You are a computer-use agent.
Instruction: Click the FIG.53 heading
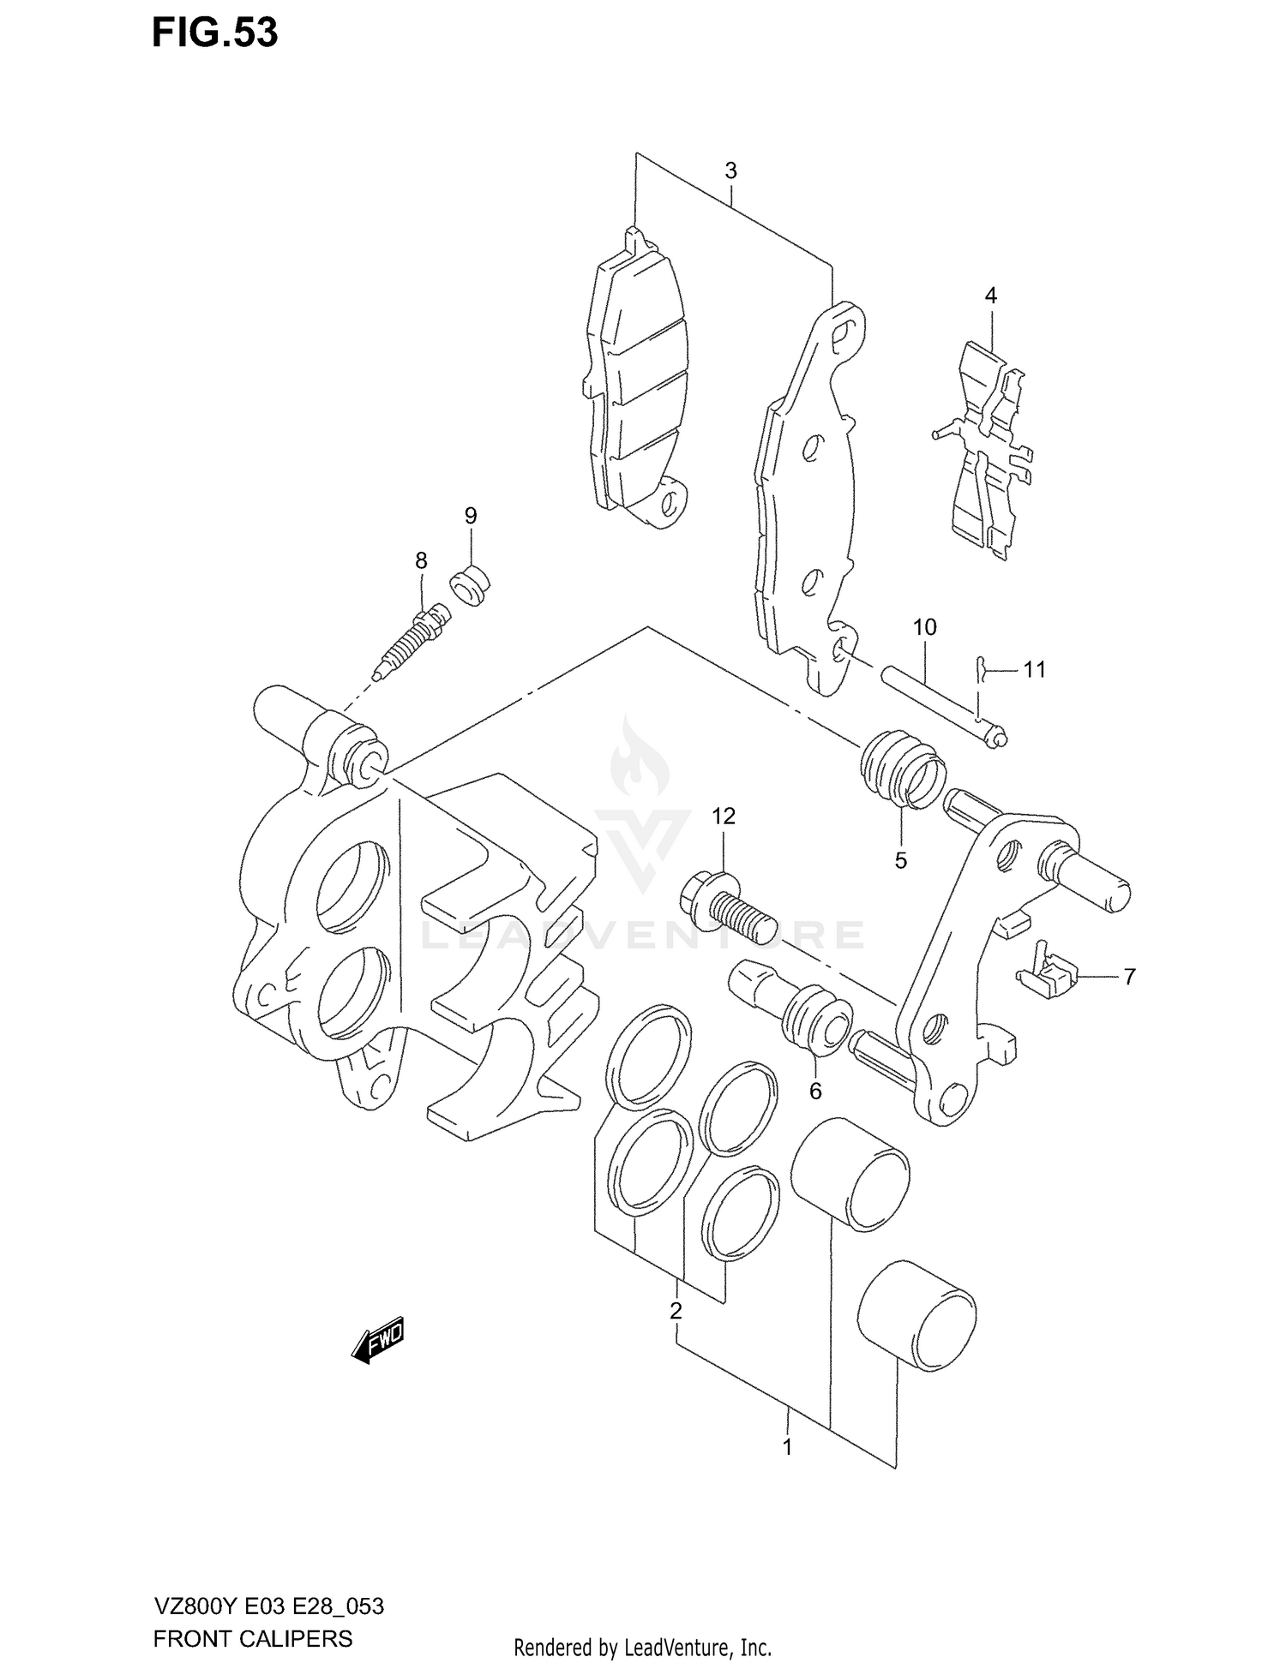click(x=215, y=33)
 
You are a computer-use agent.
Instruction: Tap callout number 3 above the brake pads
click(x=730, y=170)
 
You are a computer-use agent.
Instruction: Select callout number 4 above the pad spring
click(x=990, y=296)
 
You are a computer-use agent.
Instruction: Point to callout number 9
click(x=471, y=516)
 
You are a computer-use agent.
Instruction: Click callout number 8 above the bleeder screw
click(x=421, y=560)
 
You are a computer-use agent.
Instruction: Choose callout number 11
click(x=1035, y=668)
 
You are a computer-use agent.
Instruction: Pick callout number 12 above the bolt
click(x=724, y=817)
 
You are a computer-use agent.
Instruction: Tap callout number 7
click(x=1129, y=976)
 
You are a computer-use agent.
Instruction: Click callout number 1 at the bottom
click(x=787, y=1448)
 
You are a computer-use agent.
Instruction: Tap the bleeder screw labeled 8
click(x=412, y=641)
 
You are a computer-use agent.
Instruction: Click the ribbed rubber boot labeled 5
click(x=902, y=769)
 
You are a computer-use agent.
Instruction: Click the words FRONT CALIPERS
click(x=252, y=1639)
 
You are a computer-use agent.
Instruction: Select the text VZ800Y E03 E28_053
click(x=267, y=1606)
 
